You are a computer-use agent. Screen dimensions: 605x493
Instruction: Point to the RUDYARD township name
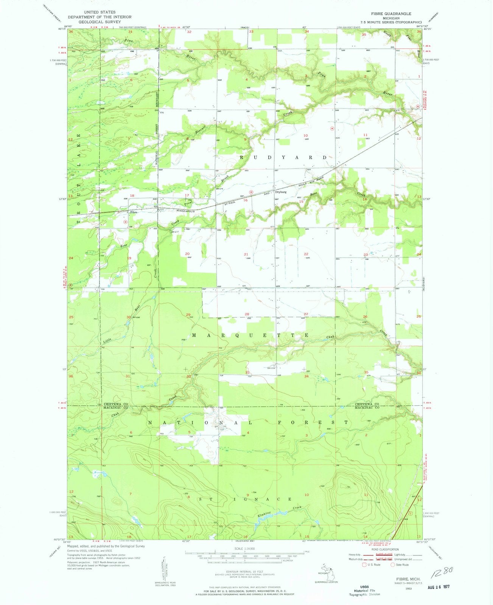(x=283, y=157)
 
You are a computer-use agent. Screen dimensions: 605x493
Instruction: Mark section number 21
(x=246, y=254)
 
